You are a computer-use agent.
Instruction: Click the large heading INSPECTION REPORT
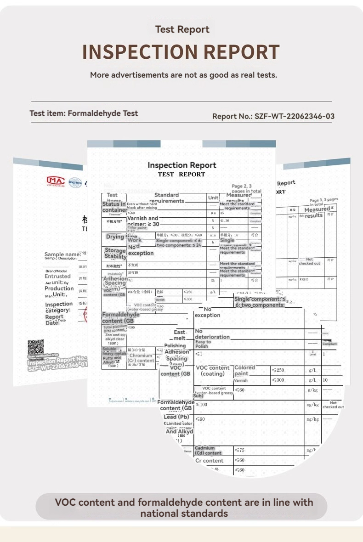click(181, 52)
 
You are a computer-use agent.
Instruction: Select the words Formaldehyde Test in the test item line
click(103, 113)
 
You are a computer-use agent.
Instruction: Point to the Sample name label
click(60, 254)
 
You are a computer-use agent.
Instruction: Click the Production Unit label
click(59, 291)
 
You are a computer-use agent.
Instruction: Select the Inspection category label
click(58, 307)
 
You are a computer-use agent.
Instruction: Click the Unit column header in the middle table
click(213, 198)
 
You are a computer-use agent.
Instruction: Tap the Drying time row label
click(115, 237)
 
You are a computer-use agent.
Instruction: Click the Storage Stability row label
click(115, 253)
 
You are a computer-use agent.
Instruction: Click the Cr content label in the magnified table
click(209, 460)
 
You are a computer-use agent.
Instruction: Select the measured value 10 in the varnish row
click(325, 380)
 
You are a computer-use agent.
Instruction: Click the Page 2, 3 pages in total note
click(247, 188)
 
